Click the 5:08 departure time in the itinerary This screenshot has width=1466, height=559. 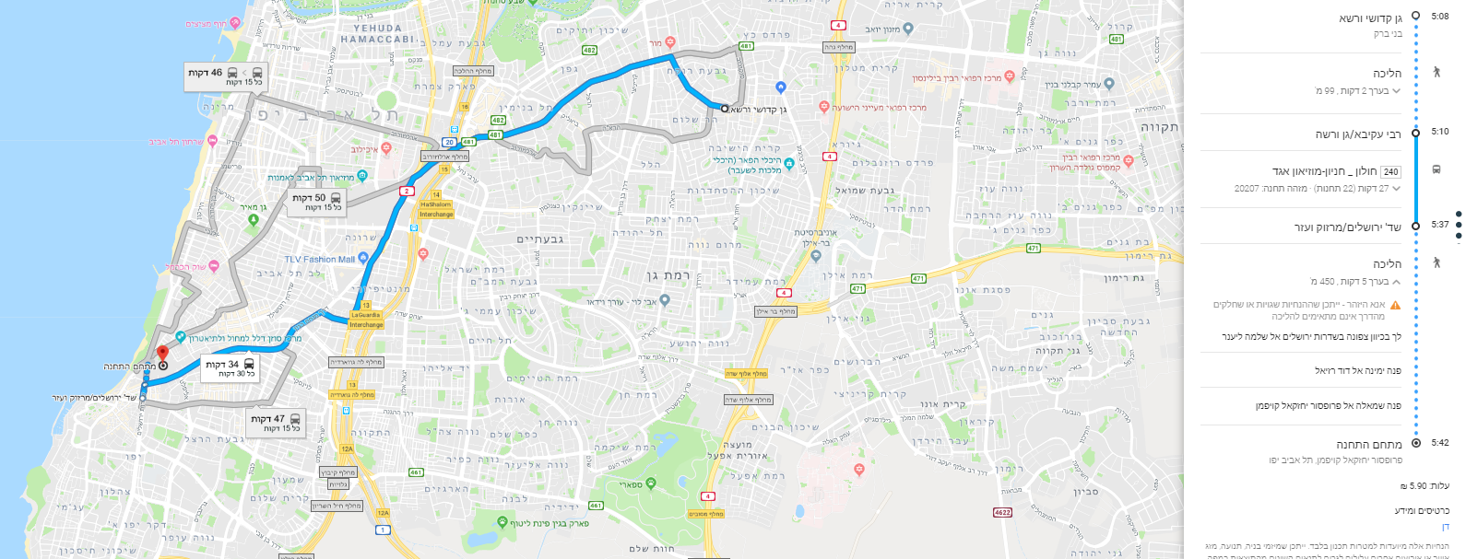pos(1439,16)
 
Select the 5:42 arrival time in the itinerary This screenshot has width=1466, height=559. pos(1439,443)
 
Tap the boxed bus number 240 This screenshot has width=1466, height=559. pos(1390,171)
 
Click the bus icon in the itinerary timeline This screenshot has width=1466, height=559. pos(1436,169)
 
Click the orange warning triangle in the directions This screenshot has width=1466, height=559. pos(1395,305)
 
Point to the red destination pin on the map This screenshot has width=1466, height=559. pos(162,354)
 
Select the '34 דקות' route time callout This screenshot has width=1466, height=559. pos(231,368)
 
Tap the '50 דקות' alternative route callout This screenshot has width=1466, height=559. pos(316,202)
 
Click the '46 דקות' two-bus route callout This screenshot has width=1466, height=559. pos(226,76)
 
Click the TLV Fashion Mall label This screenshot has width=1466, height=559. pos(319,260)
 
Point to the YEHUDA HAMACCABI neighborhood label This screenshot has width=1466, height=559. pos(377,34)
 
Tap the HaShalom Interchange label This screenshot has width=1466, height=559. pos(436,209)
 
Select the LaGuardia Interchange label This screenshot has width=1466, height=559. pos(366,320)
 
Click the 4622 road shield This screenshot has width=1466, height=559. pos(1002,512)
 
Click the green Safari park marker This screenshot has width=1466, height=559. pos(651,483)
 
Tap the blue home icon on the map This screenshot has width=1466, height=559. pos(781,87)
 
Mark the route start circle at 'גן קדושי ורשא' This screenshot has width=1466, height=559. pos(725,109)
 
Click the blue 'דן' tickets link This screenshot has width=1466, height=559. pos(1445,528)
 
